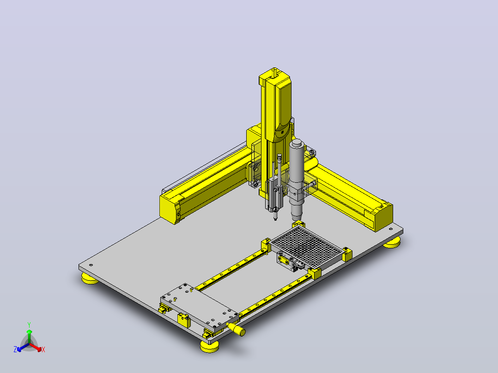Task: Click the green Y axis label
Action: (29, 325)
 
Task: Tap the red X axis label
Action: (43, 349)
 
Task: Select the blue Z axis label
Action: (15, 349)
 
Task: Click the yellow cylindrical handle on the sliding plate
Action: (237, 329)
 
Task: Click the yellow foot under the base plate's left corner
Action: (90, 278)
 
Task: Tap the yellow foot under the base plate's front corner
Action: (210, 347)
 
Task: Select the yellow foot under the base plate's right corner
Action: (392, 243)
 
